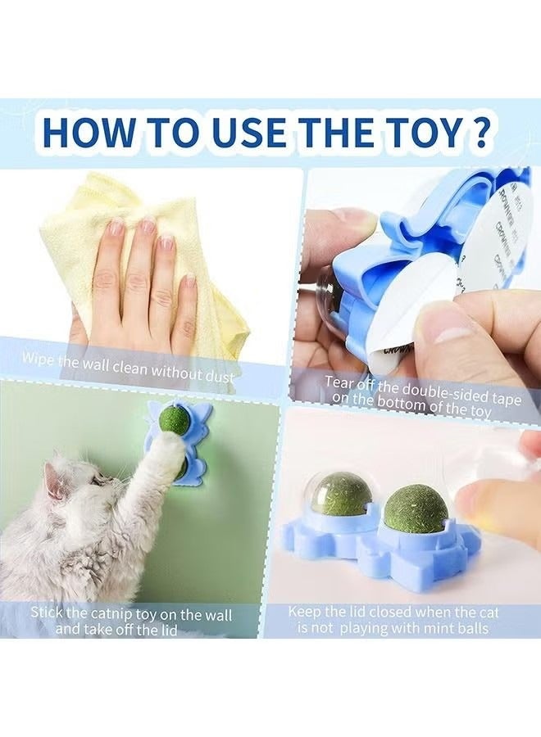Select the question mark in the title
481,133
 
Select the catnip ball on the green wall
174,420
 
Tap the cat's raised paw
170,450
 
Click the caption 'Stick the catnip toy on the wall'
131,614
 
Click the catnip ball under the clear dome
341,494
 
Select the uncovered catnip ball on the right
416,508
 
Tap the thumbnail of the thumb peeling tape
447,328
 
